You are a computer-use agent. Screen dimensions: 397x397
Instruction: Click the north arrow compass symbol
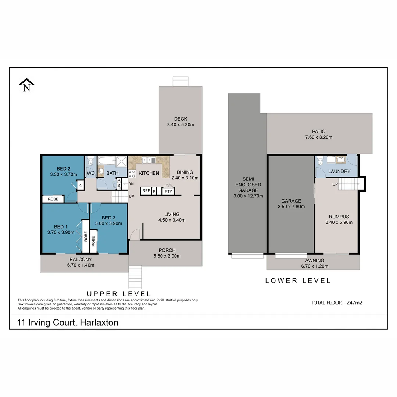point(26,85)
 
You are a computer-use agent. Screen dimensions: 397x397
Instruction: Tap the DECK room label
point(180,119)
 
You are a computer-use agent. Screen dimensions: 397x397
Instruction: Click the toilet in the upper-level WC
point(91,161)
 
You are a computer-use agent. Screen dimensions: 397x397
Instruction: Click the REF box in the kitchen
point(146,191)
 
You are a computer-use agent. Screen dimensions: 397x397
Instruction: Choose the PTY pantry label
point(168,191)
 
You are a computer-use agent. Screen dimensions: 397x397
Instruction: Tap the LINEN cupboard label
point(119,184)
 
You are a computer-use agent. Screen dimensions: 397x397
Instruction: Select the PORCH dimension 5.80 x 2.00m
point(167,256)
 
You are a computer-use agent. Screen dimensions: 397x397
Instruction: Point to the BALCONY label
point(81,259)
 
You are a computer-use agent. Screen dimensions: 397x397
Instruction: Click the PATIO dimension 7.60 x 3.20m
point(319,137)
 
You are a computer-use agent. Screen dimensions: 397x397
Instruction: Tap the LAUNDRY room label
point(339,171)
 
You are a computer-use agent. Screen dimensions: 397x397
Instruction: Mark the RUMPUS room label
point(339,217)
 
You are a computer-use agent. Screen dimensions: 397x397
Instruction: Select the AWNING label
point(314,261)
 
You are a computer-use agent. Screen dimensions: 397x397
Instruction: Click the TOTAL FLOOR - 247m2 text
point(337,303)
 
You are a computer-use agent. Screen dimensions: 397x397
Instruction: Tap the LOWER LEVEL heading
point(298,281)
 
